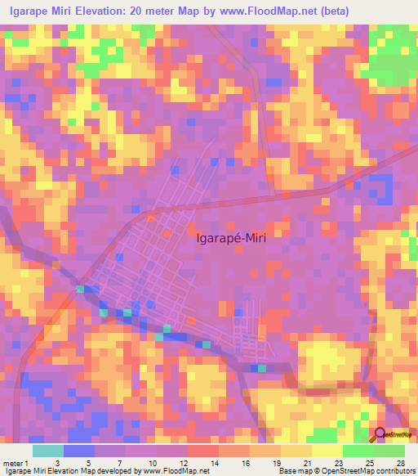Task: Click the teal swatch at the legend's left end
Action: tap(48, 451)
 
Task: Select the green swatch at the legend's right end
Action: tap(389, 451)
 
